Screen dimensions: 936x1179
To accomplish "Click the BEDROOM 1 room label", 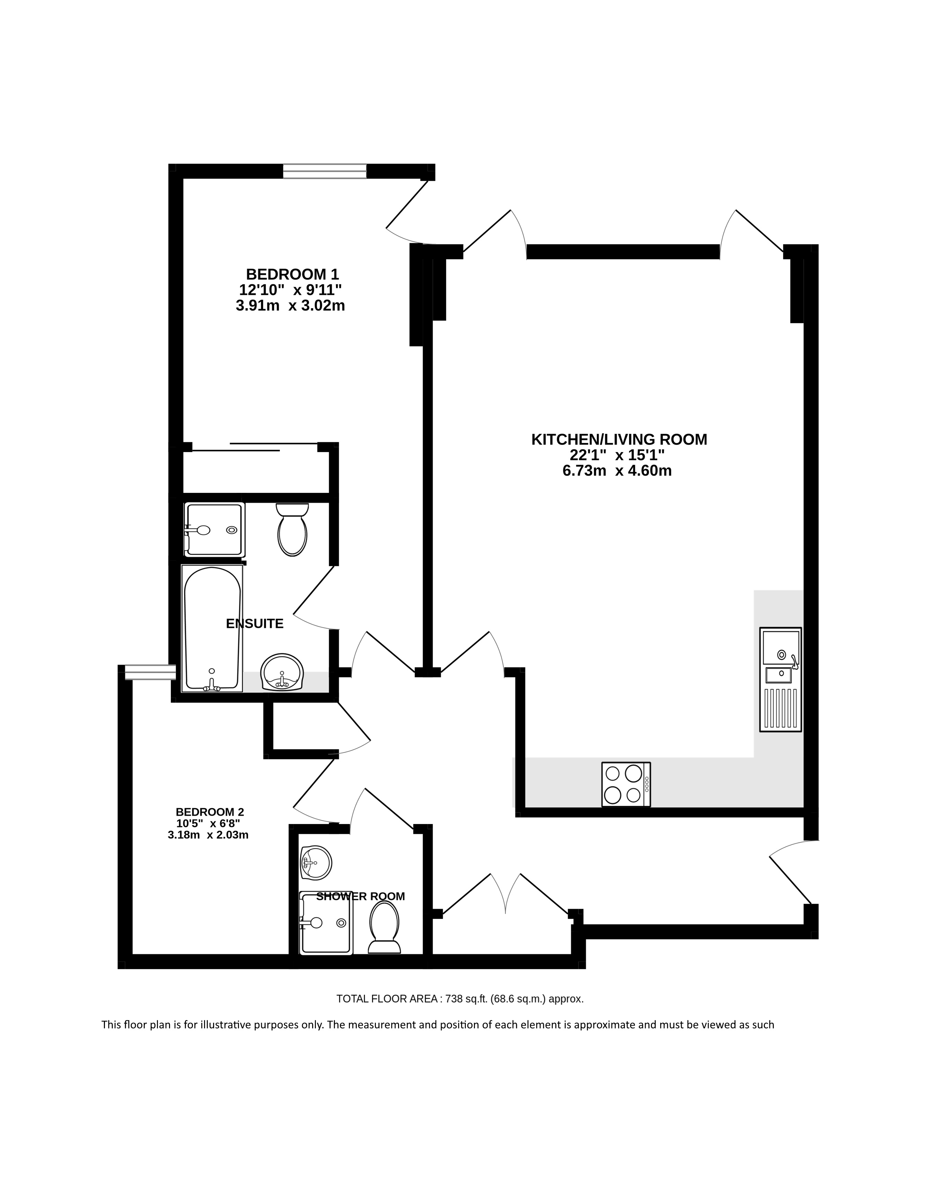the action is pyautogui.click(x=292, y=274).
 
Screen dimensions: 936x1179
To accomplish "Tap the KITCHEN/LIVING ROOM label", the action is pyautogui.click(x=619, y=439).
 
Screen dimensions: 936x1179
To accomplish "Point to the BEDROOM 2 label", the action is pyautogui.click(x=210, y=812).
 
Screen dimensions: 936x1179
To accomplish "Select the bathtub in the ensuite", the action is pyautogui.click(x=212, y=628).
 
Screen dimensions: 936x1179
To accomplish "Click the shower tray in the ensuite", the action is pyautogui.click(x=214, y=529).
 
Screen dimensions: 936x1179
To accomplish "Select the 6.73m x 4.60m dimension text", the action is pyautogui.click(x=617, y=470).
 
